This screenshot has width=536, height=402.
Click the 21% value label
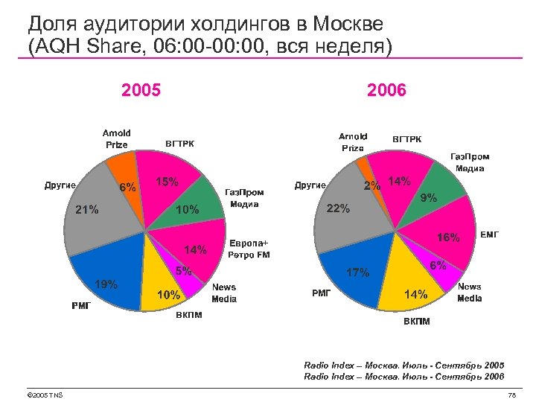pos(86,209)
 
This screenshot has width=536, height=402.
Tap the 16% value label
pos(448,238)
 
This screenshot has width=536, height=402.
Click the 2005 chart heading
pos(141,91)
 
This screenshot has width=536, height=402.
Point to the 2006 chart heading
pos(386,91)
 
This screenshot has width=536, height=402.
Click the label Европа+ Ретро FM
pos(249,249)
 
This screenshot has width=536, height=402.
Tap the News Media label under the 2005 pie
pos(224,293)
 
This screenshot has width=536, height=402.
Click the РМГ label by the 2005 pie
pos(81,305)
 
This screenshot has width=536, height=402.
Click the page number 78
pos(511,395)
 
